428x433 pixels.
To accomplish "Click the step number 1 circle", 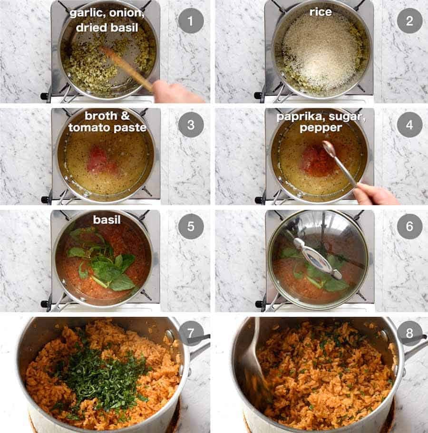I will point(190,21).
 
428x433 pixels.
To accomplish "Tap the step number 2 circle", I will point(409,21).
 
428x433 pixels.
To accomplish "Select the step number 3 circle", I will point(190,125).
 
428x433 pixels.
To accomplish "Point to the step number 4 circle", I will point(409,125).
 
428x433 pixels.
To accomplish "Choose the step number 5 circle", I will point(190,227).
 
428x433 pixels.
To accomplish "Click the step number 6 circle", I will point(409,227).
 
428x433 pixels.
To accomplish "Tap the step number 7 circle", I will point(190,333).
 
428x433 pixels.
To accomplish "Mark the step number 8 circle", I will point(409,333).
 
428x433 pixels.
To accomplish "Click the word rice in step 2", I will point(321,12).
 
